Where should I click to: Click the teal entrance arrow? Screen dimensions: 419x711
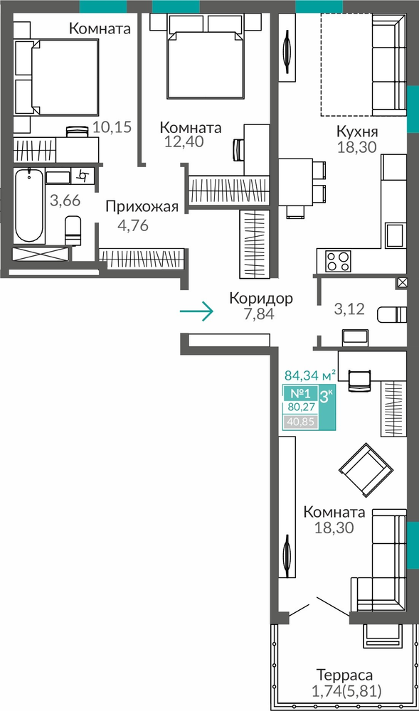click(x=196, y=311)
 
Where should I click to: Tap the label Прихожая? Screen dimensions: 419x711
click(x=142, y=207)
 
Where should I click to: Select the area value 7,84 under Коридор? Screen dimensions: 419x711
click(x=259, y=314)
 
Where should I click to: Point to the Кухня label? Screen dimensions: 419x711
click(x=357, y=132)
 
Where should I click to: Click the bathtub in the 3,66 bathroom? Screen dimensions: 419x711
click(x=29, y=205)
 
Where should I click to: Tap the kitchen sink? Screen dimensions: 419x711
click(x=396, y=235)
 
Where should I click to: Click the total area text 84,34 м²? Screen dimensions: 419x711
click(x=310, y=375)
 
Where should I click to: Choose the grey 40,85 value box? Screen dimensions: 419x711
click(x=299, y=422)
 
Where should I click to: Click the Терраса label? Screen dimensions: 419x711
click(x=345, y=675)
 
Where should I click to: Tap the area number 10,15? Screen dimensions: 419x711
click(x=112, y=127)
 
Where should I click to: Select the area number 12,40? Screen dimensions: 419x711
click(x=184, y=142)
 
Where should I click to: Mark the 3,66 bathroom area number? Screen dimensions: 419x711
click(x=65, y=201)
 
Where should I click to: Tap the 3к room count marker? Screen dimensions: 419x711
click(x=327, y=396)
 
